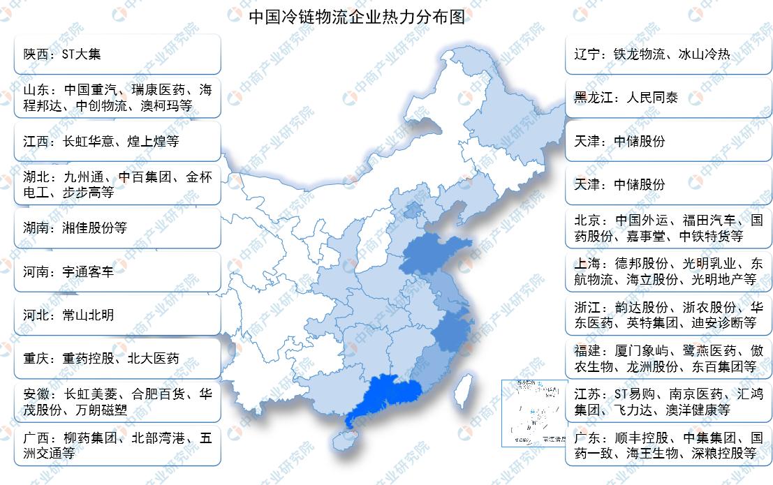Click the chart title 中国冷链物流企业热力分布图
[357, 16]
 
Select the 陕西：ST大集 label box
[117, 54]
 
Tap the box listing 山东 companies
[117, 98]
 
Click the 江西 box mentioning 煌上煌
[117, 141]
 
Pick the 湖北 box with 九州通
[117, 184]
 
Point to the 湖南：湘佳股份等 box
[117, 228]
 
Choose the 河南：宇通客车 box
[117, 271]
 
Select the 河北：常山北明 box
[117, 315]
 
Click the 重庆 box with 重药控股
[117, 359]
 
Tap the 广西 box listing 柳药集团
[117, 445]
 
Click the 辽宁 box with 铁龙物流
[668, 54]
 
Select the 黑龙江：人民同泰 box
[668, 98]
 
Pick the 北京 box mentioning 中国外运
[668, 228]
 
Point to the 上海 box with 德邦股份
[668, 271]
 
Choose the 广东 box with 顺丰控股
[668, 445]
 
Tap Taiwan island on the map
[462, 390]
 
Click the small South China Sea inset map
[533, 412]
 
